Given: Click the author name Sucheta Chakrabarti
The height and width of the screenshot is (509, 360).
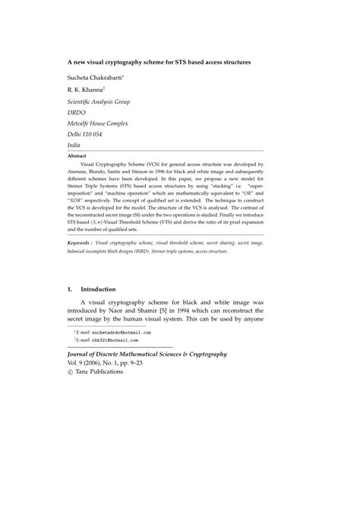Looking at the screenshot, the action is click(99, 77).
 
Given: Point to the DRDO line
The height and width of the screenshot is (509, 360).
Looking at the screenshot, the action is click(77, 116).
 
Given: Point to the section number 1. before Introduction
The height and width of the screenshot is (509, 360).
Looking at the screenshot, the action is click(70, 289).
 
